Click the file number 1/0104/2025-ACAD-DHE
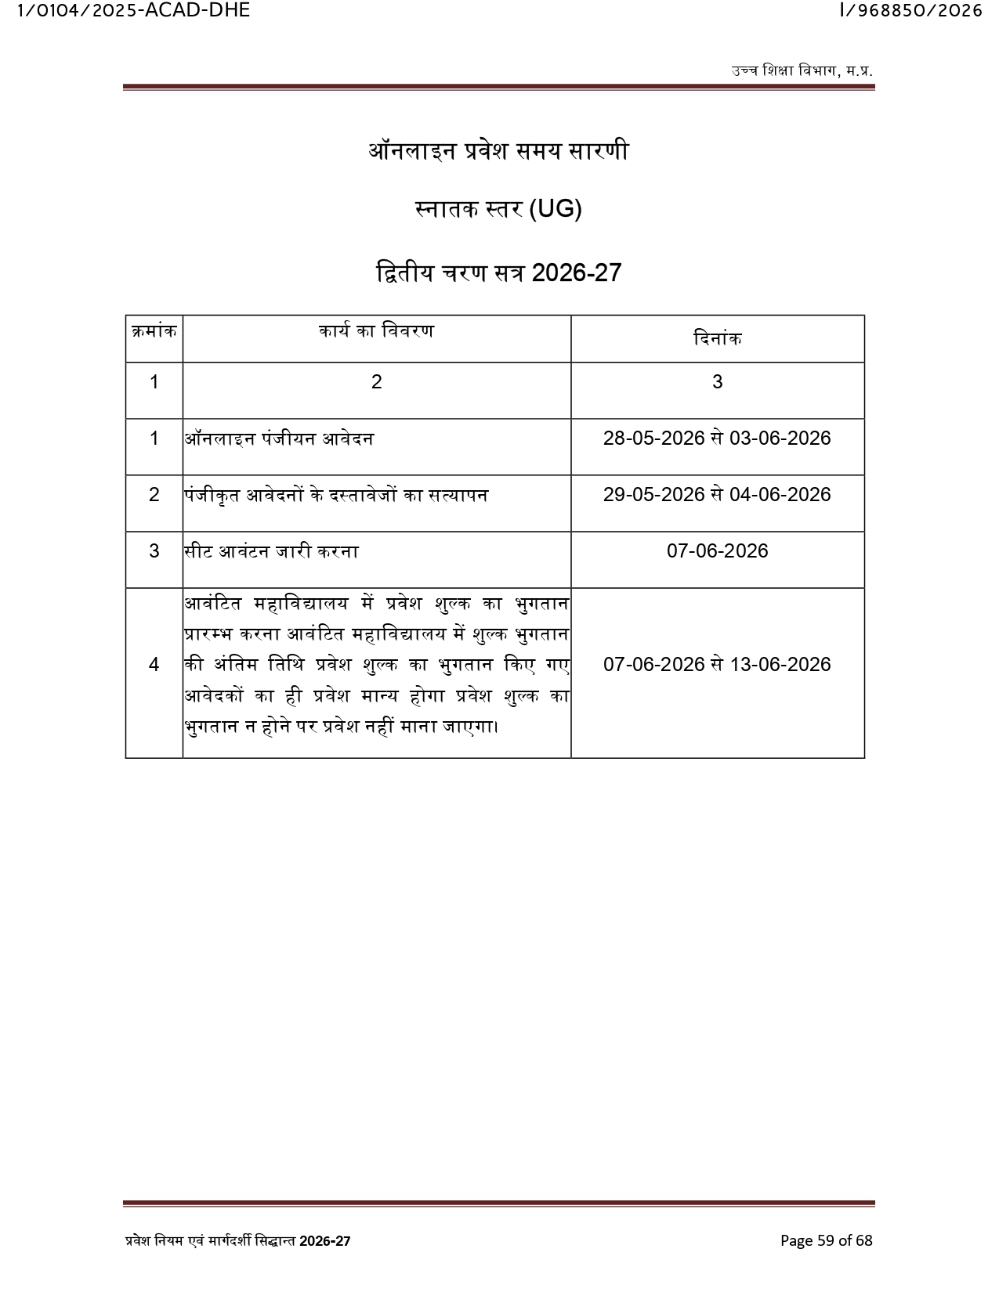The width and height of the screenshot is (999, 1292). [133, 11]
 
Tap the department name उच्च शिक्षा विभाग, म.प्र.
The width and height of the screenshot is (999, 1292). [802, 70]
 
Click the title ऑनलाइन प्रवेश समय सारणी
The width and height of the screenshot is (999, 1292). [498, 150]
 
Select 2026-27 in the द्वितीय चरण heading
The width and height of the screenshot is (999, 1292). [577, 272]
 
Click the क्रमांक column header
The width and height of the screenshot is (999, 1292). [154, 331]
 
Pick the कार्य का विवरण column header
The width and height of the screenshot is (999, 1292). [376, 331]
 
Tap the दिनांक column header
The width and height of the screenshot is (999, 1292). [717, 339]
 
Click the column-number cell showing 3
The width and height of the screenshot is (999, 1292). [717, 382]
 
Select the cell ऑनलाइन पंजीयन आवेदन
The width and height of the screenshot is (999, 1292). [280, 438]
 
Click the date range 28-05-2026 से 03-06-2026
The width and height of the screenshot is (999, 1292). [717, 438]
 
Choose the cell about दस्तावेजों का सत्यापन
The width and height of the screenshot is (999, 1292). [337, 495]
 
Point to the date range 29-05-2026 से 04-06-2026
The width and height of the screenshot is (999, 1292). [717, 495]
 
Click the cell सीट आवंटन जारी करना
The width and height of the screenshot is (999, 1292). [272, 551]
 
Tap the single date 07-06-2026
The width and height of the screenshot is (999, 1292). [717, 551]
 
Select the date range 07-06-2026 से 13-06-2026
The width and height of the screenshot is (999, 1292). [717, 665]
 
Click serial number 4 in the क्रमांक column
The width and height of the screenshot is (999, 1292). [154, 665]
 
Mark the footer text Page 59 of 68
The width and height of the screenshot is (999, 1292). [826, 1240]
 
